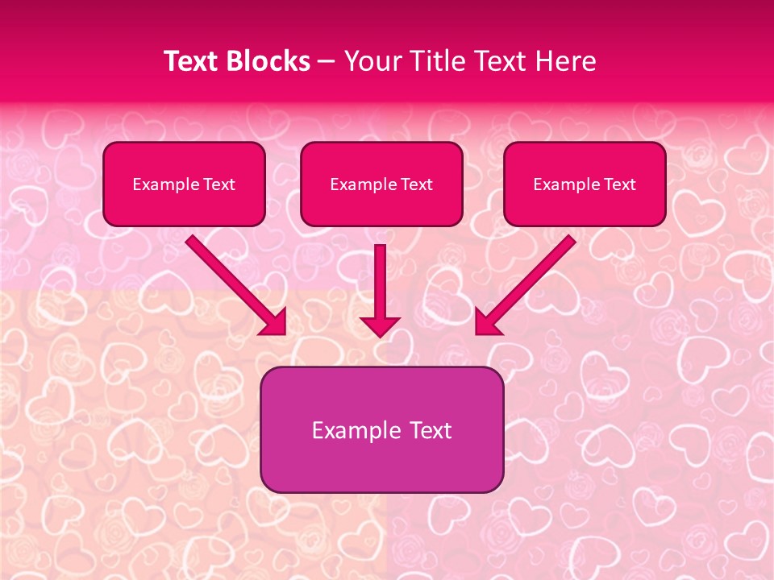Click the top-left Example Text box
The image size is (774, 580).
(x=184, y=184)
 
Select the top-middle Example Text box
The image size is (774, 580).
(x=381, y=184)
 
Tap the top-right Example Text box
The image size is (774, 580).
(x=585, y=184)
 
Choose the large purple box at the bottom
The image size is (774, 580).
(x=381, y=429)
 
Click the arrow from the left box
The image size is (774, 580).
(x=234, y=284)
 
